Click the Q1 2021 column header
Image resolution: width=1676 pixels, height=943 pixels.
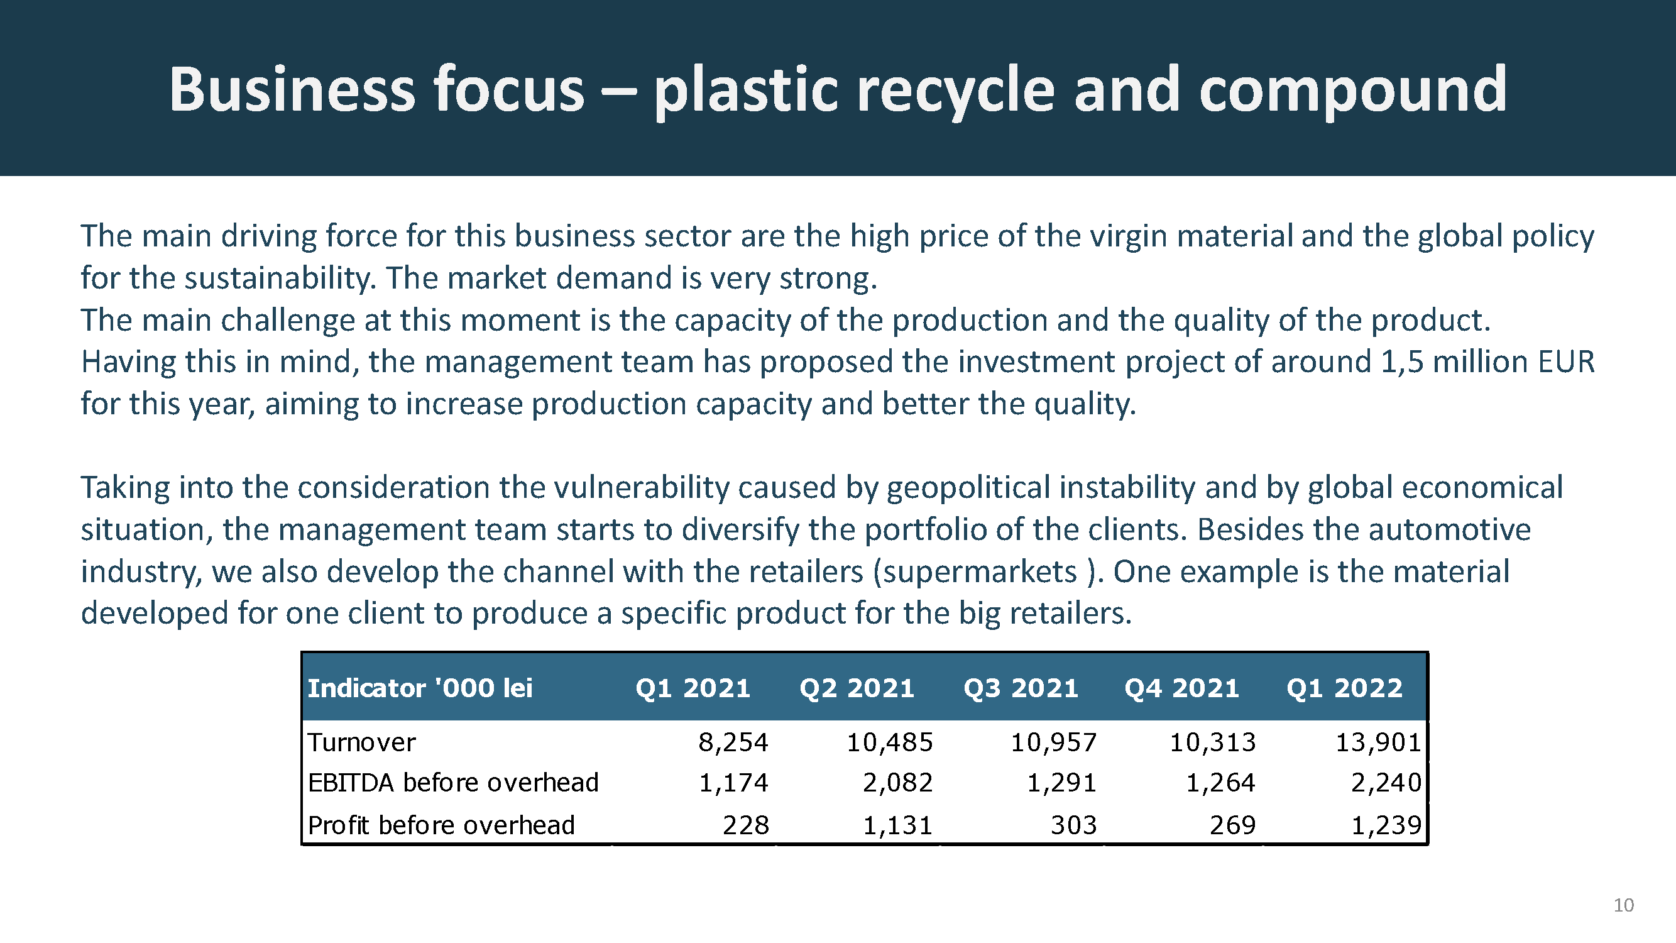tap(693, 688)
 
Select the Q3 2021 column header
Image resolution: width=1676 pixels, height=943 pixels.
tap(1021, 688)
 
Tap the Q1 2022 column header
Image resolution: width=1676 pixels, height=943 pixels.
tap(1345, 688)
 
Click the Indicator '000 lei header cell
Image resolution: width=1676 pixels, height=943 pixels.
tap(420, 688)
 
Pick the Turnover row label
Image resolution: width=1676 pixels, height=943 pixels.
tap(361, 742)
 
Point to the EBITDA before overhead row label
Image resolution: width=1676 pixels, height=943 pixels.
tap(453, 782)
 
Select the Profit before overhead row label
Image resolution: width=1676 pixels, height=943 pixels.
tap(441, 825)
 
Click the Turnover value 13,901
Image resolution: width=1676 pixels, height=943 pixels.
tap(1378, 742)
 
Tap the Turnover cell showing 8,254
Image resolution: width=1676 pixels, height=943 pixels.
tap(733, 742)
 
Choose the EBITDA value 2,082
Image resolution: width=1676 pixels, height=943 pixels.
tap(898, 783)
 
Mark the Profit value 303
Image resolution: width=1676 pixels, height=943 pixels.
tap(1073, 825)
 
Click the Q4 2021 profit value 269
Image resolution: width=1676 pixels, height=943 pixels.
tap(1232, 825)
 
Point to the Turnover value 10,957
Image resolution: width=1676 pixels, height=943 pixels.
tap(1053, 742)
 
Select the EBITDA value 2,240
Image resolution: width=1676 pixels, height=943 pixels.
tap(1386, 783)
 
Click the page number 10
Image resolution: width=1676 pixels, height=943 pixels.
tap(1623, 905)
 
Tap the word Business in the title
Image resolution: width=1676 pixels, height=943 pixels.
tap(292, 89)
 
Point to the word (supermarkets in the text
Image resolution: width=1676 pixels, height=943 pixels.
tap(975, 572)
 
